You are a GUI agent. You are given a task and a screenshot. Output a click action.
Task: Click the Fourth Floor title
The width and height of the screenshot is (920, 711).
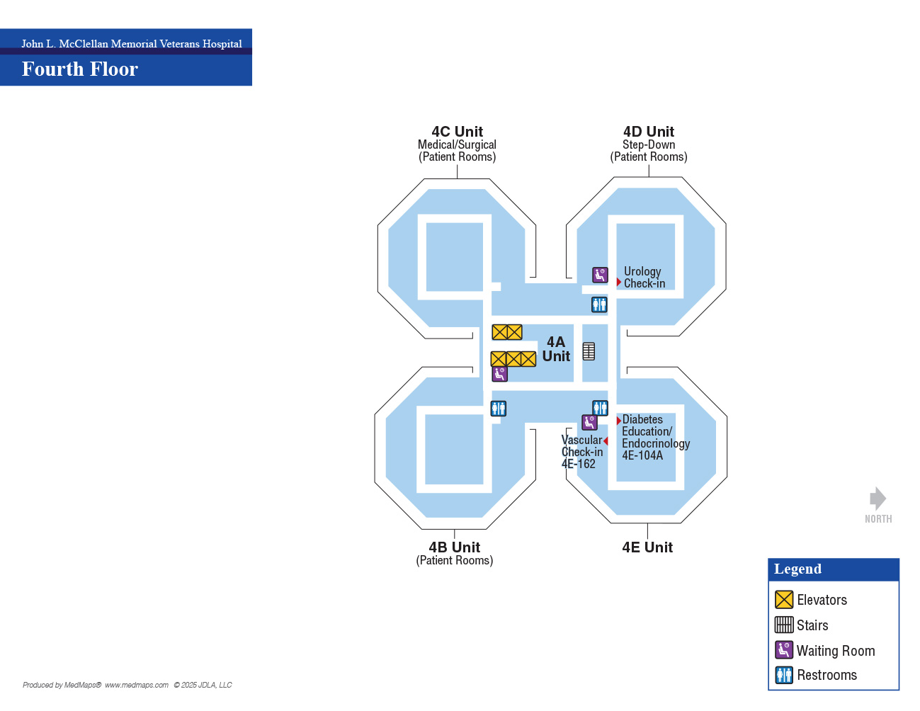tap(79, 69)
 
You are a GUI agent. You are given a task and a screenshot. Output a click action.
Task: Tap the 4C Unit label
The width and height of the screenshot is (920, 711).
tap(457, 131)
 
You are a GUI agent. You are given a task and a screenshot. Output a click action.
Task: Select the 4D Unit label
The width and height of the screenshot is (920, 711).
tap(648, 131)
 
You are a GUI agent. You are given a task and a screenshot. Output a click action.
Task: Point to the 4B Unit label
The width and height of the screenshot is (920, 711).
tap(454, 547)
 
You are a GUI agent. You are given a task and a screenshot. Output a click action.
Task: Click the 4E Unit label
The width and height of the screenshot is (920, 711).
tap(647, 547)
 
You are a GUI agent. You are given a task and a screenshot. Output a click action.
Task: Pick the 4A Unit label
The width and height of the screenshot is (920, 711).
tap(555, 348)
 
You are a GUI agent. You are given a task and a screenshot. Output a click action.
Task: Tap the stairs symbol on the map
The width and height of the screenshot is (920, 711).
tap(589, 351)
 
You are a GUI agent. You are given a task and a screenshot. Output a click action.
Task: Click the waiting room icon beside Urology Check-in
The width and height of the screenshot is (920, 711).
tap(600, 275)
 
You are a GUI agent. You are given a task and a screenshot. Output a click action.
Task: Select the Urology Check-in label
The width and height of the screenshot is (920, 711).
tap(644, 277)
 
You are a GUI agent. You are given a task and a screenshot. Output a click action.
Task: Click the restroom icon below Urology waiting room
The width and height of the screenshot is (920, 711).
tap(599, 305)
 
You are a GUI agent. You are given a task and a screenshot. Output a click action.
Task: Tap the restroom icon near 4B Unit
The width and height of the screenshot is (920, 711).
tap(499, 409)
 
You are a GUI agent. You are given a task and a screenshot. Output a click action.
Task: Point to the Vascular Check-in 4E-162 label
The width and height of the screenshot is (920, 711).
tap(581, 452)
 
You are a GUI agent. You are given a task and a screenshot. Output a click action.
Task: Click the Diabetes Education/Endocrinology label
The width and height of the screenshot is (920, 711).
tap(655, 437)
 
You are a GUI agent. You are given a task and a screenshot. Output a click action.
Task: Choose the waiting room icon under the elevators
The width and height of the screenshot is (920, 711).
tap(499, 374)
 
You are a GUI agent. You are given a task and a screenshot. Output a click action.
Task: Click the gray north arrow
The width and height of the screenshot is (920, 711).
tap(878, 499)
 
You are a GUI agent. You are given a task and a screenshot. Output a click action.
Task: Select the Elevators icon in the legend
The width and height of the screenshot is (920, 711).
tap(784, 599)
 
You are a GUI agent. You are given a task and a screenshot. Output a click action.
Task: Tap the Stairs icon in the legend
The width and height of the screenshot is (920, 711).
tap(784, 625)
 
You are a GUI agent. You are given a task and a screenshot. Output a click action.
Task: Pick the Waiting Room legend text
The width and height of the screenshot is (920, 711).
tap(835, 650)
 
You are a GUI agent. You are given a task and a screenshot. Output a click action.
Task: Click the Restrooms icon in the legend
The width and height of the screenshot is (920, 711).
tap(784, 675)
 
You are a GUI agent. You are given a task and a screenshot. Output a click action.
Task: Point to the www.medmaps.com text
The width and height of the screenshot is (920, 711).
tap(136, 685)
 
